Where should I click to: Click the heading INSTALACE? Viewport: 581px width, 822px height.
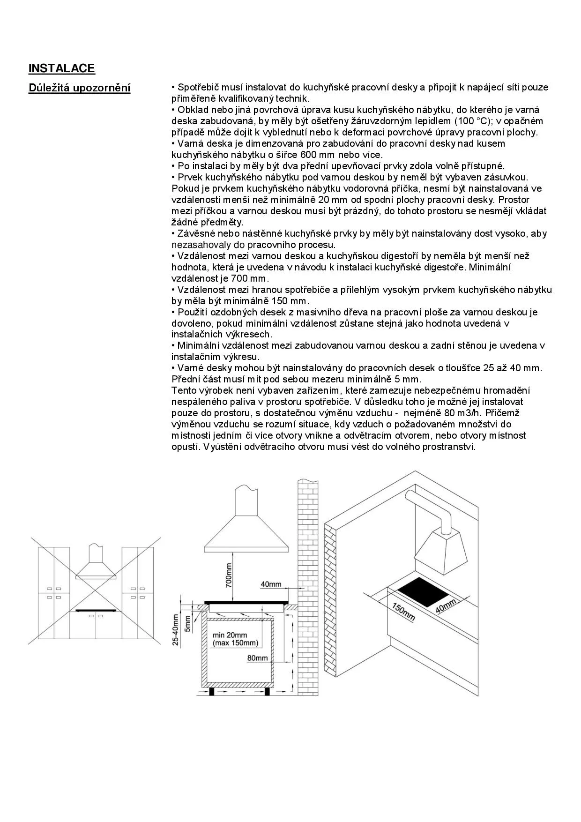point(61,68)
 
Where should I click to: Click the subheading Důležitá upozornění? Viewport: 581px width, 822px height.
point(79,88)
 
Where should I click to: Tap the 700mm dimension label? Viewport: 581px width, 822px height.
point(229,575)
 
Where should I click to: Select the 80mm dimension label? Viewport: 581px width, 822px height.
point(257,658)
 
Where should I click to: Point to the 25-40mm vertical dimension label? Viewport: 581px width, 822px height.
point(175,630)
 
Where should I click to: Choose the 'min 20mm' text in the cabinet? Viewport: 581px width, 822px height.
point(230,635)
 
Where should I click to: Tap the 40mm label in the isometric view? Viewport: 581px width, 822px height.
point(446,606)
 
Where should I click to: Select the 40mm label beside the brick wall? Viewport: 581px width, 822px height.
point(271,584)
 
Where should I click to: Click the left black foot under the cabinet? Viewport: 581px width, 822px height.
point(212,691)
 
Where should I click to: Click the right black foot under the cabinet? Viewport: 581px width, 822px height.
point(267,691)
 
